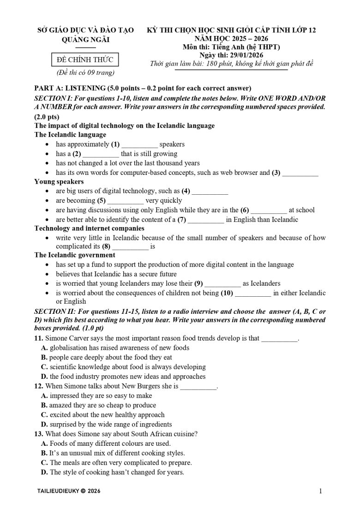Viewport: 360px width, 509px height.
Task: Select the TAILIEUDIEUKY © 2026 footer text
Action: point(67,491)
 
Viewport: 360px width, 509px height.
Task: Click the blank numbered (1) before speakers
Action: point(140,145)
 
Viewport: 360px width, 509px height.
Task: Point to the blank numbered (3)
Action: point(300,173)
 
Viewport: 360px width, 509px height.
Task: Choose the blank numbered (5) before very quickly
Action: point(126,201)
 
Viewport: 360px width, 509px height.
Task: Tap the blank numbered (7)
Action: point(206,220)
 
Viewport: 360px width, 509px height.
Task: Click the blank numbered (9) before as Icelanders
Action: point(222,283)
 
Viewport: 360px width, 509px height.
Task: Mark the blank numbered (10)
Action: point(253,293)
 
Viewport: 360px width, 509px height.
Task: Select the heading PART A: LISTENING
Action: point(143,88)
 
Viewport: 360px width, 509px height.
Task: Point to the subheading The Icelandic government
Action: point(75,255)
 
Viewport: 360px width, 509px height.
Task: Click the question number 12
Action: point(39,386)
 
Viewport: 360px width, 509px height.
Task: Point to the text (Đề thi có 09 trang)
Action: point(85,72)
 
